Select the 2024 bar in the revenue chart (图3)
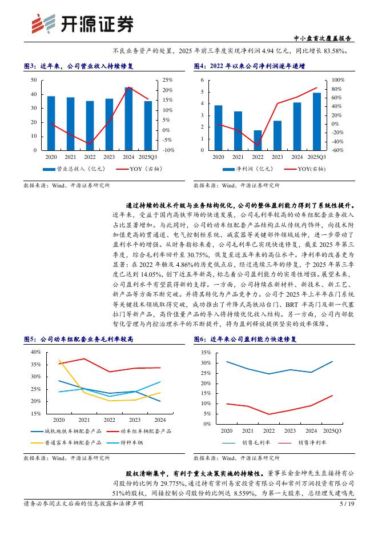tap(128, 119)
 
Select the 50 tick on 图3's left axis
tap(35, 80)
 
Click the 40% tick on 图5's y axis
tap(35, 352)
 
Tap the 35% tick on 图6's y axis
tap(206, 352)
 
